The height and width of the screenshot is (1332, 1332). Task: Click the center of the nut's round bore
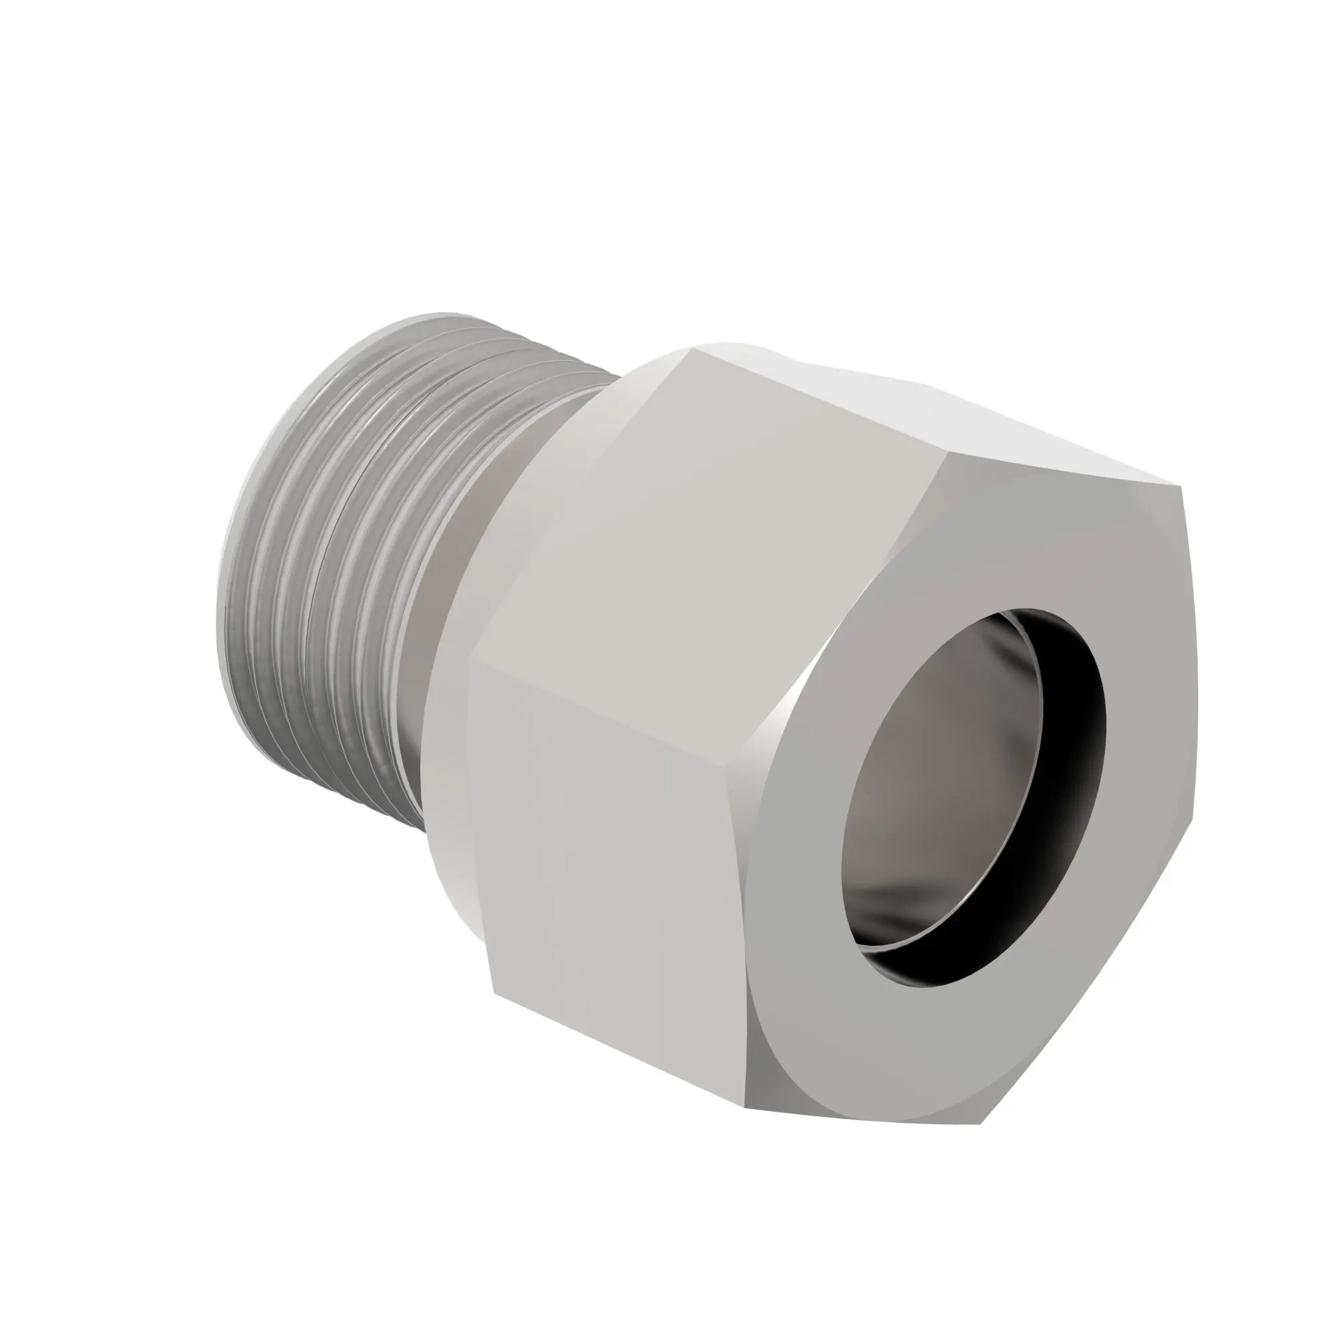pyautogui.click(x=972, y=800)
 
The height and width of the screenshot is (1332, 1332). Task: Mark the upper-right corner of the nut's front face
pyautogui.click(x=1180, y=488)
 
